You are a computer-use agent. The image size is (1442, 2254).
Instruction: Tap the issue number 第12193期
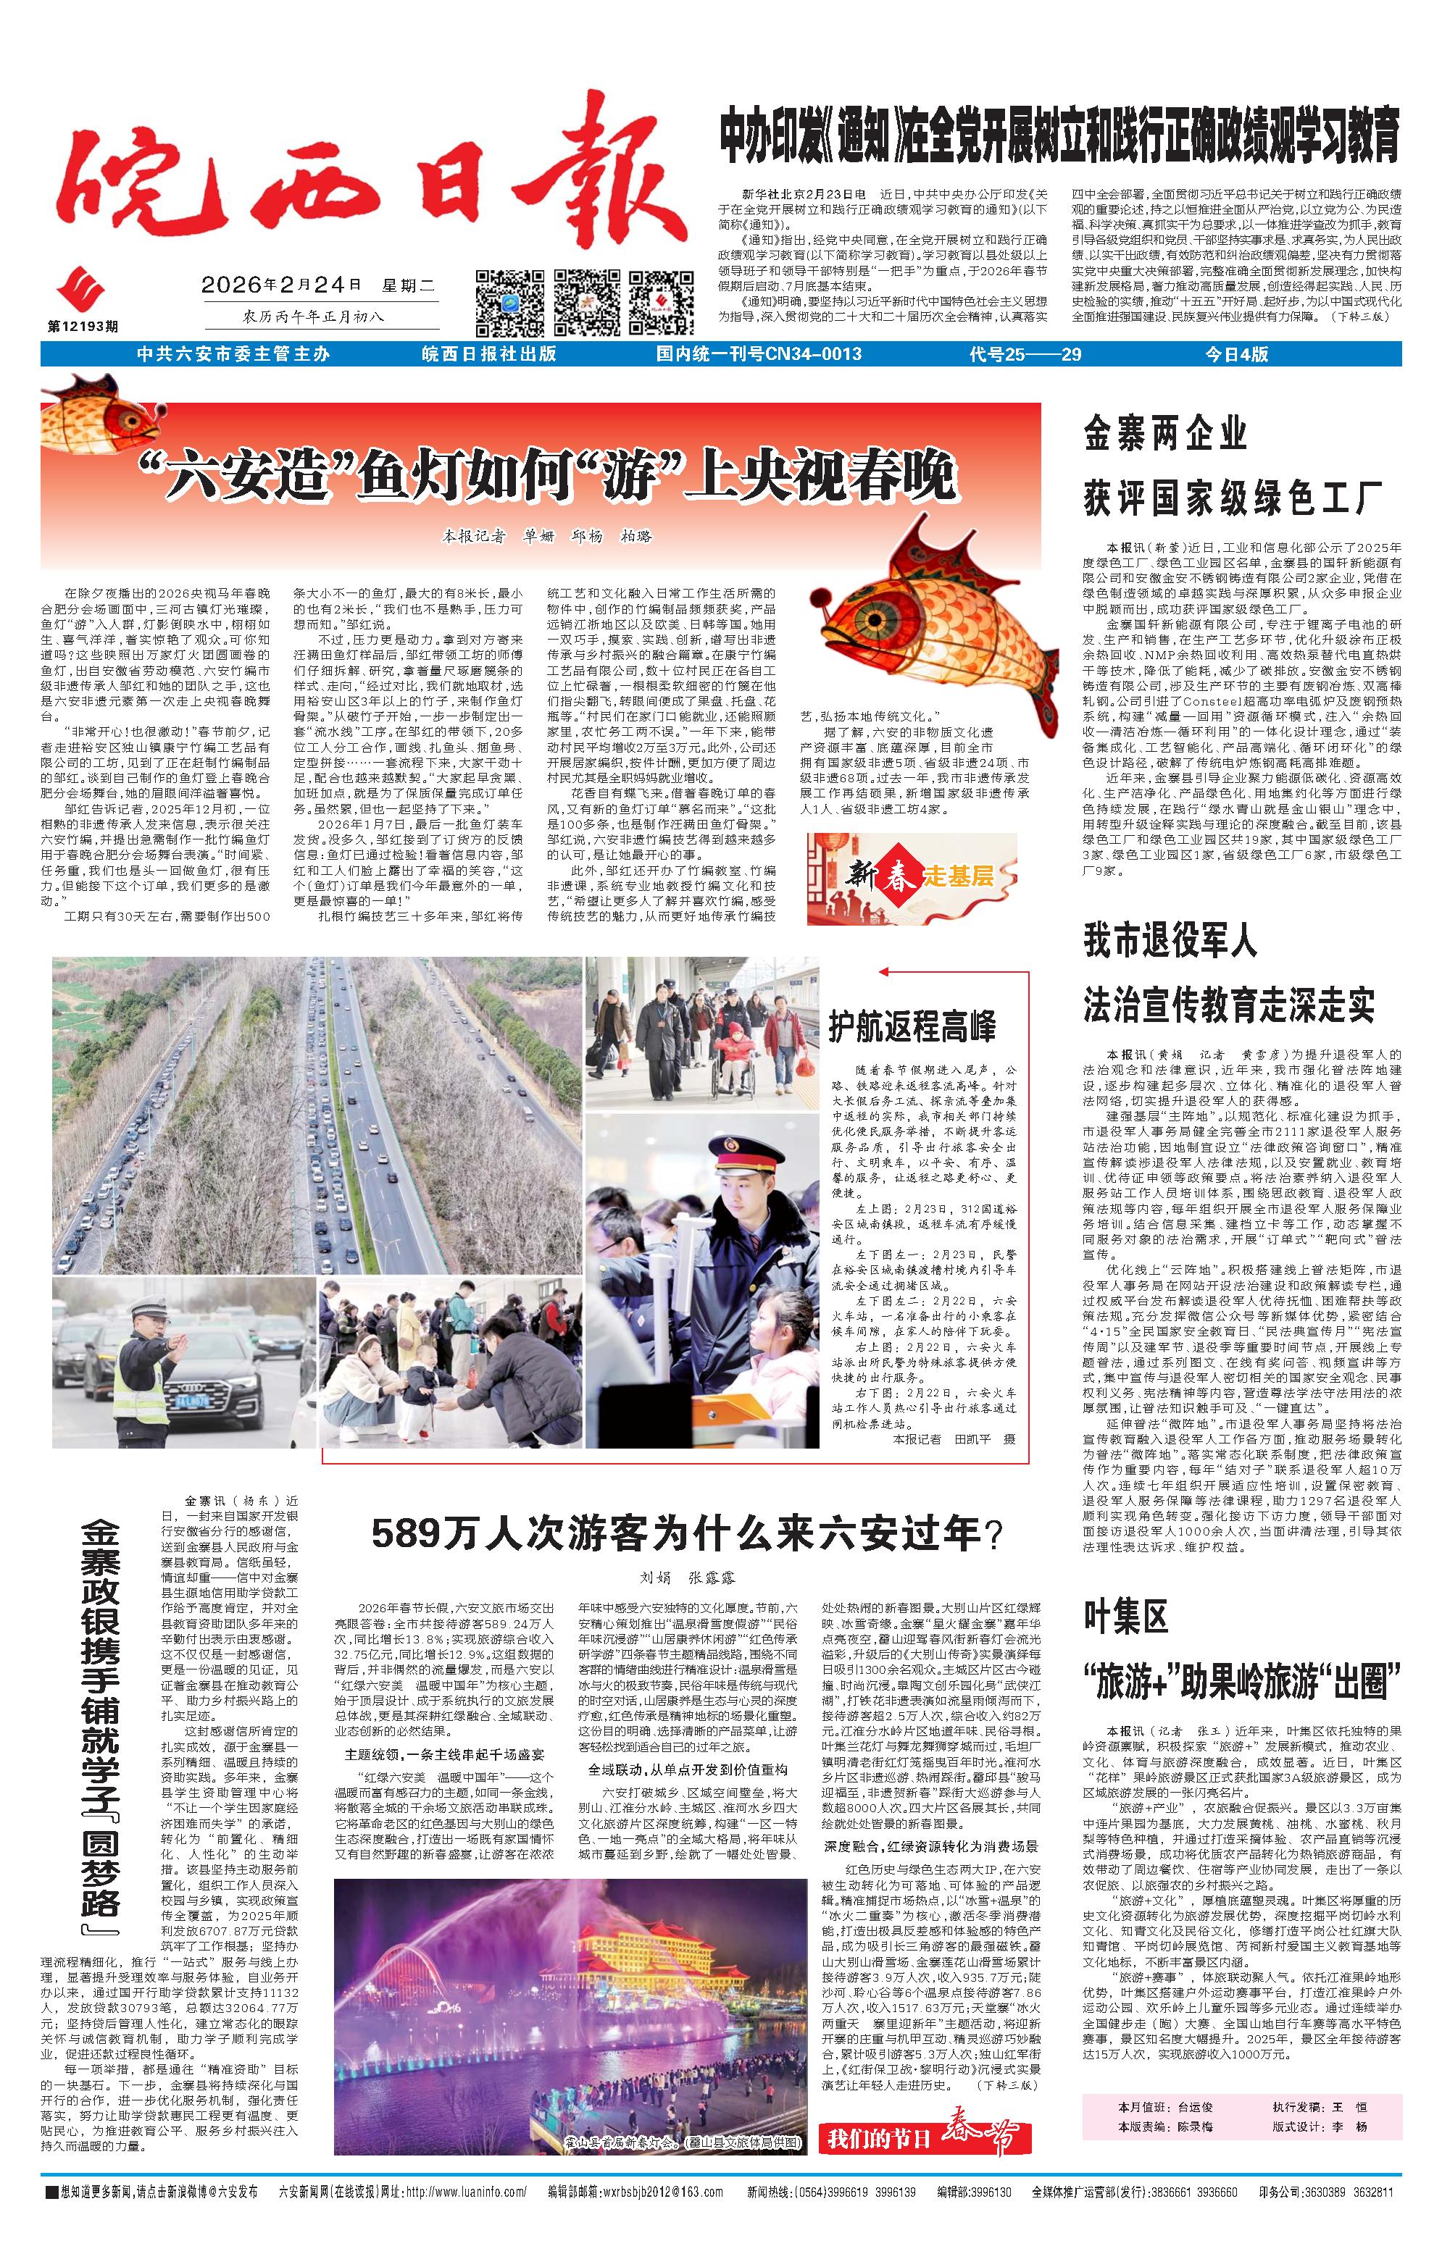pos(83,327)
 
